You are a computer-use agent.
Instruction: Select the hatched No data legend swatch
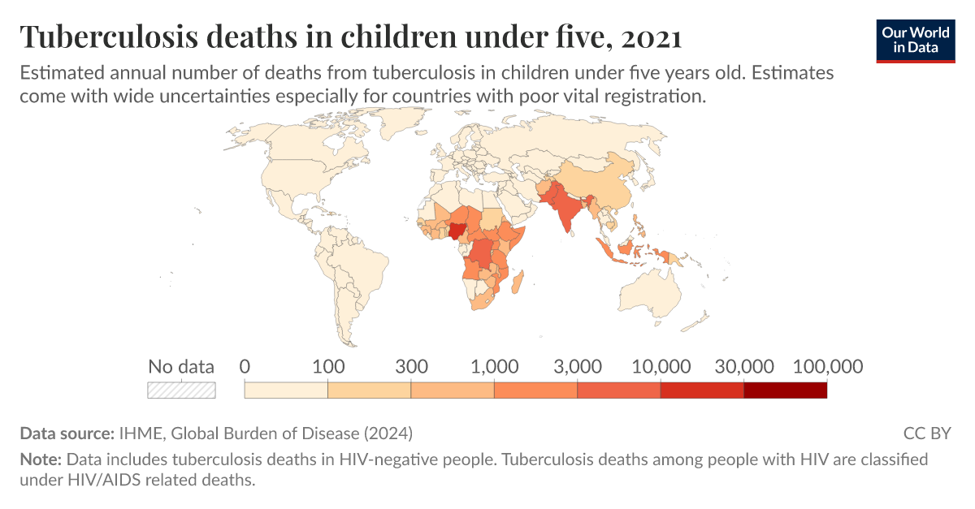click(x=181, y=390)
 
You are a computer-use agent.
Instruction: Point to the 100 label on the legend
click(x=328, y=366)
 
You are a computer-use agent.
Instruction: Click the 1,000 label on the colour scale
click(x=494, y=366)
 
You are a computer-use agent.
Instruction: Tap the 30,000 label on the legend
click(x=743, y=366)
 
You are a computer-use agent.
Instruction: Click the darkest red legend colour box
click(x=785, y=390)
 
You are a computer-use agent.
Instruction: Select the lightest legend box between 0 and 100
click(x=286, y=390)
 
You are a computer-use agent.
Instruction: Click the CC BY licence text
click(x=927, y=433)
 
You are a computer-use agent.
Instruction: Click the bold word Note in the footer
click(x=40, y=459)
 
